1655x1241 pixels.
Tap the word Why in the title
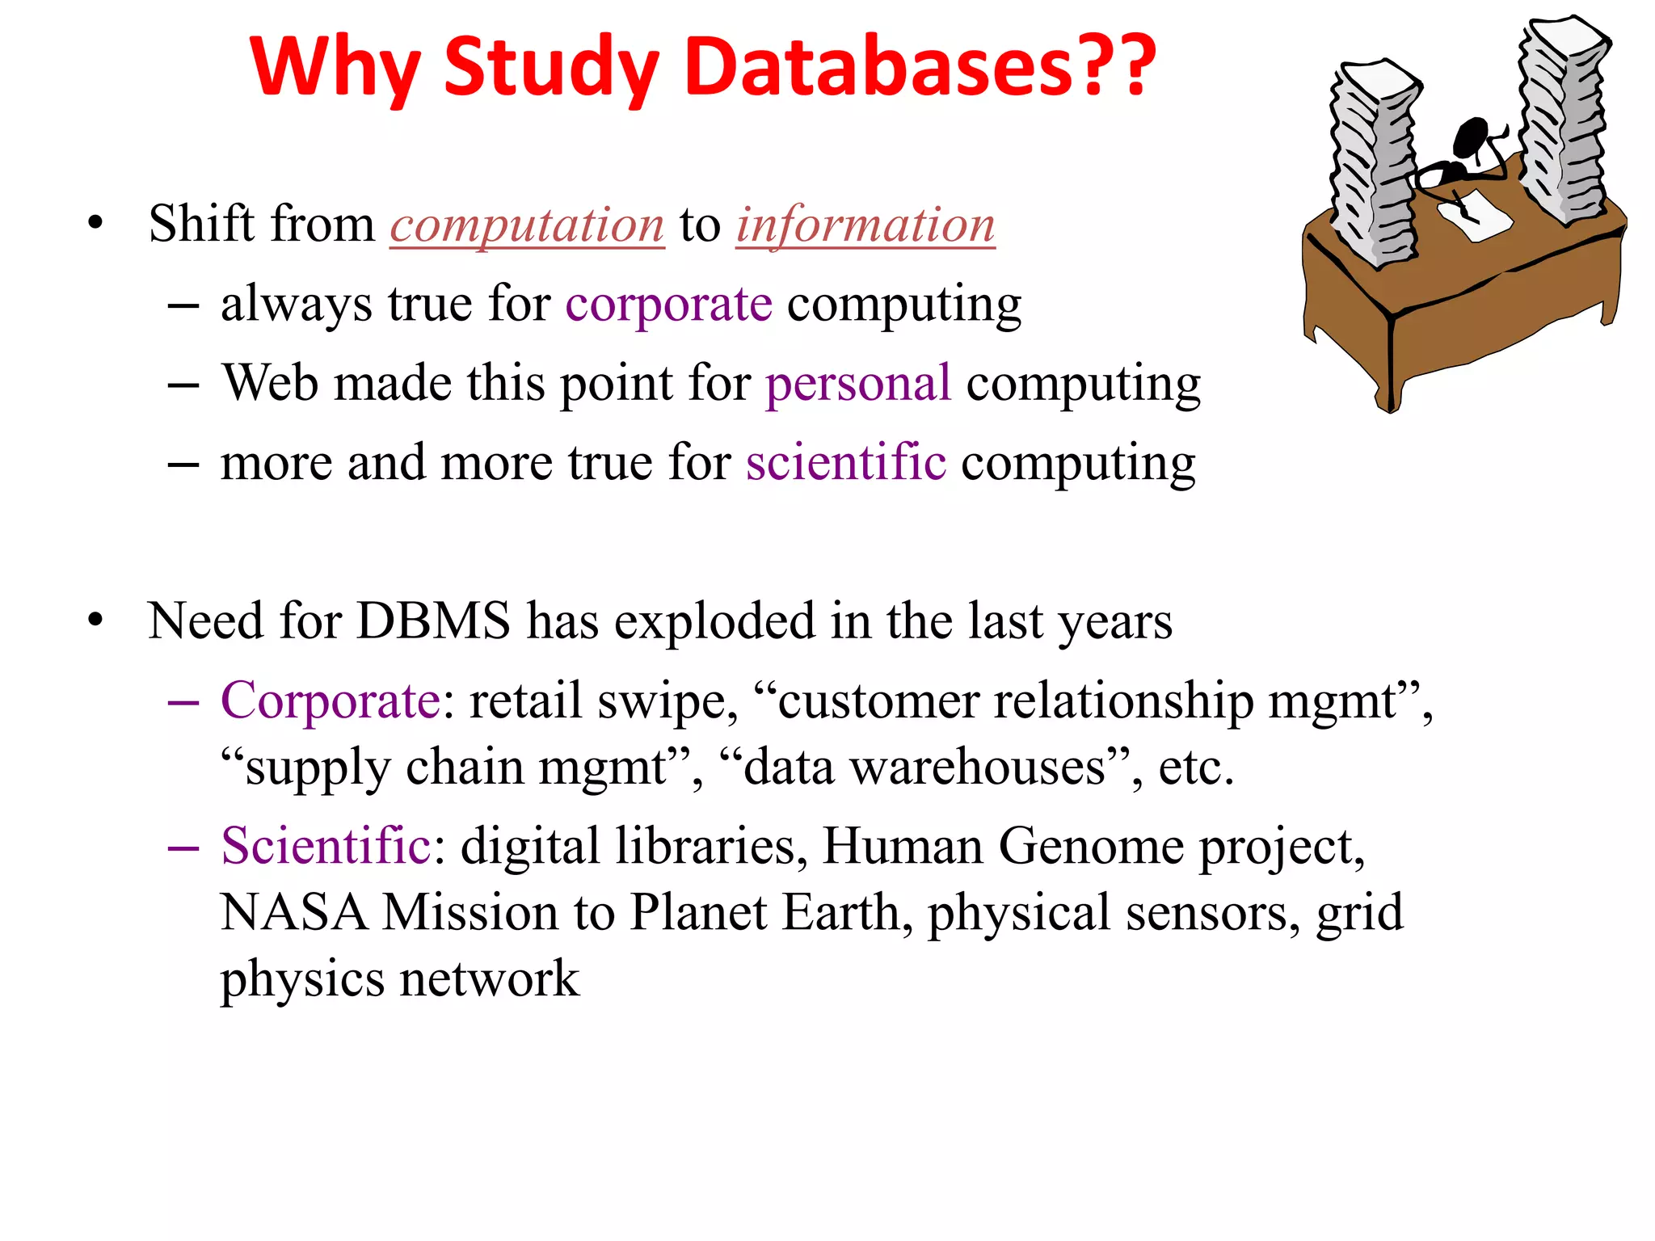334,68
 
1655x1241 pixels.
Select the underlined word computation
527,225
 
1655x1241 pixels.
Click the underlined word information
865,225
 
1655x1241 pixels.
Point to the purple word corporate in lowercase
668,305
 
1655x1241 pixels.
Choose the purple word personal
858,383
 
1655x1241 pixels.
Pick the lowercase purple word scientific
845,462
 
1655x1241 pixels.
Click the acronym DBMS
433,621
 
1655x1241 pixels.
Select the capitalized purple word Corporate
331,700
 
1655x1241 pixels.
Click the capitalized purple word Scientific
326,846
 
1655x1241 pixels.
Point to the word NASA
293,913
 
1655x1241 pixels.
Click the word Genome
1091,846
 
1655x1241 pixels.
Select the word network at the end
490,979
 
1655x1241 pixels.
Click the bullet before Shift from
96,224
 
